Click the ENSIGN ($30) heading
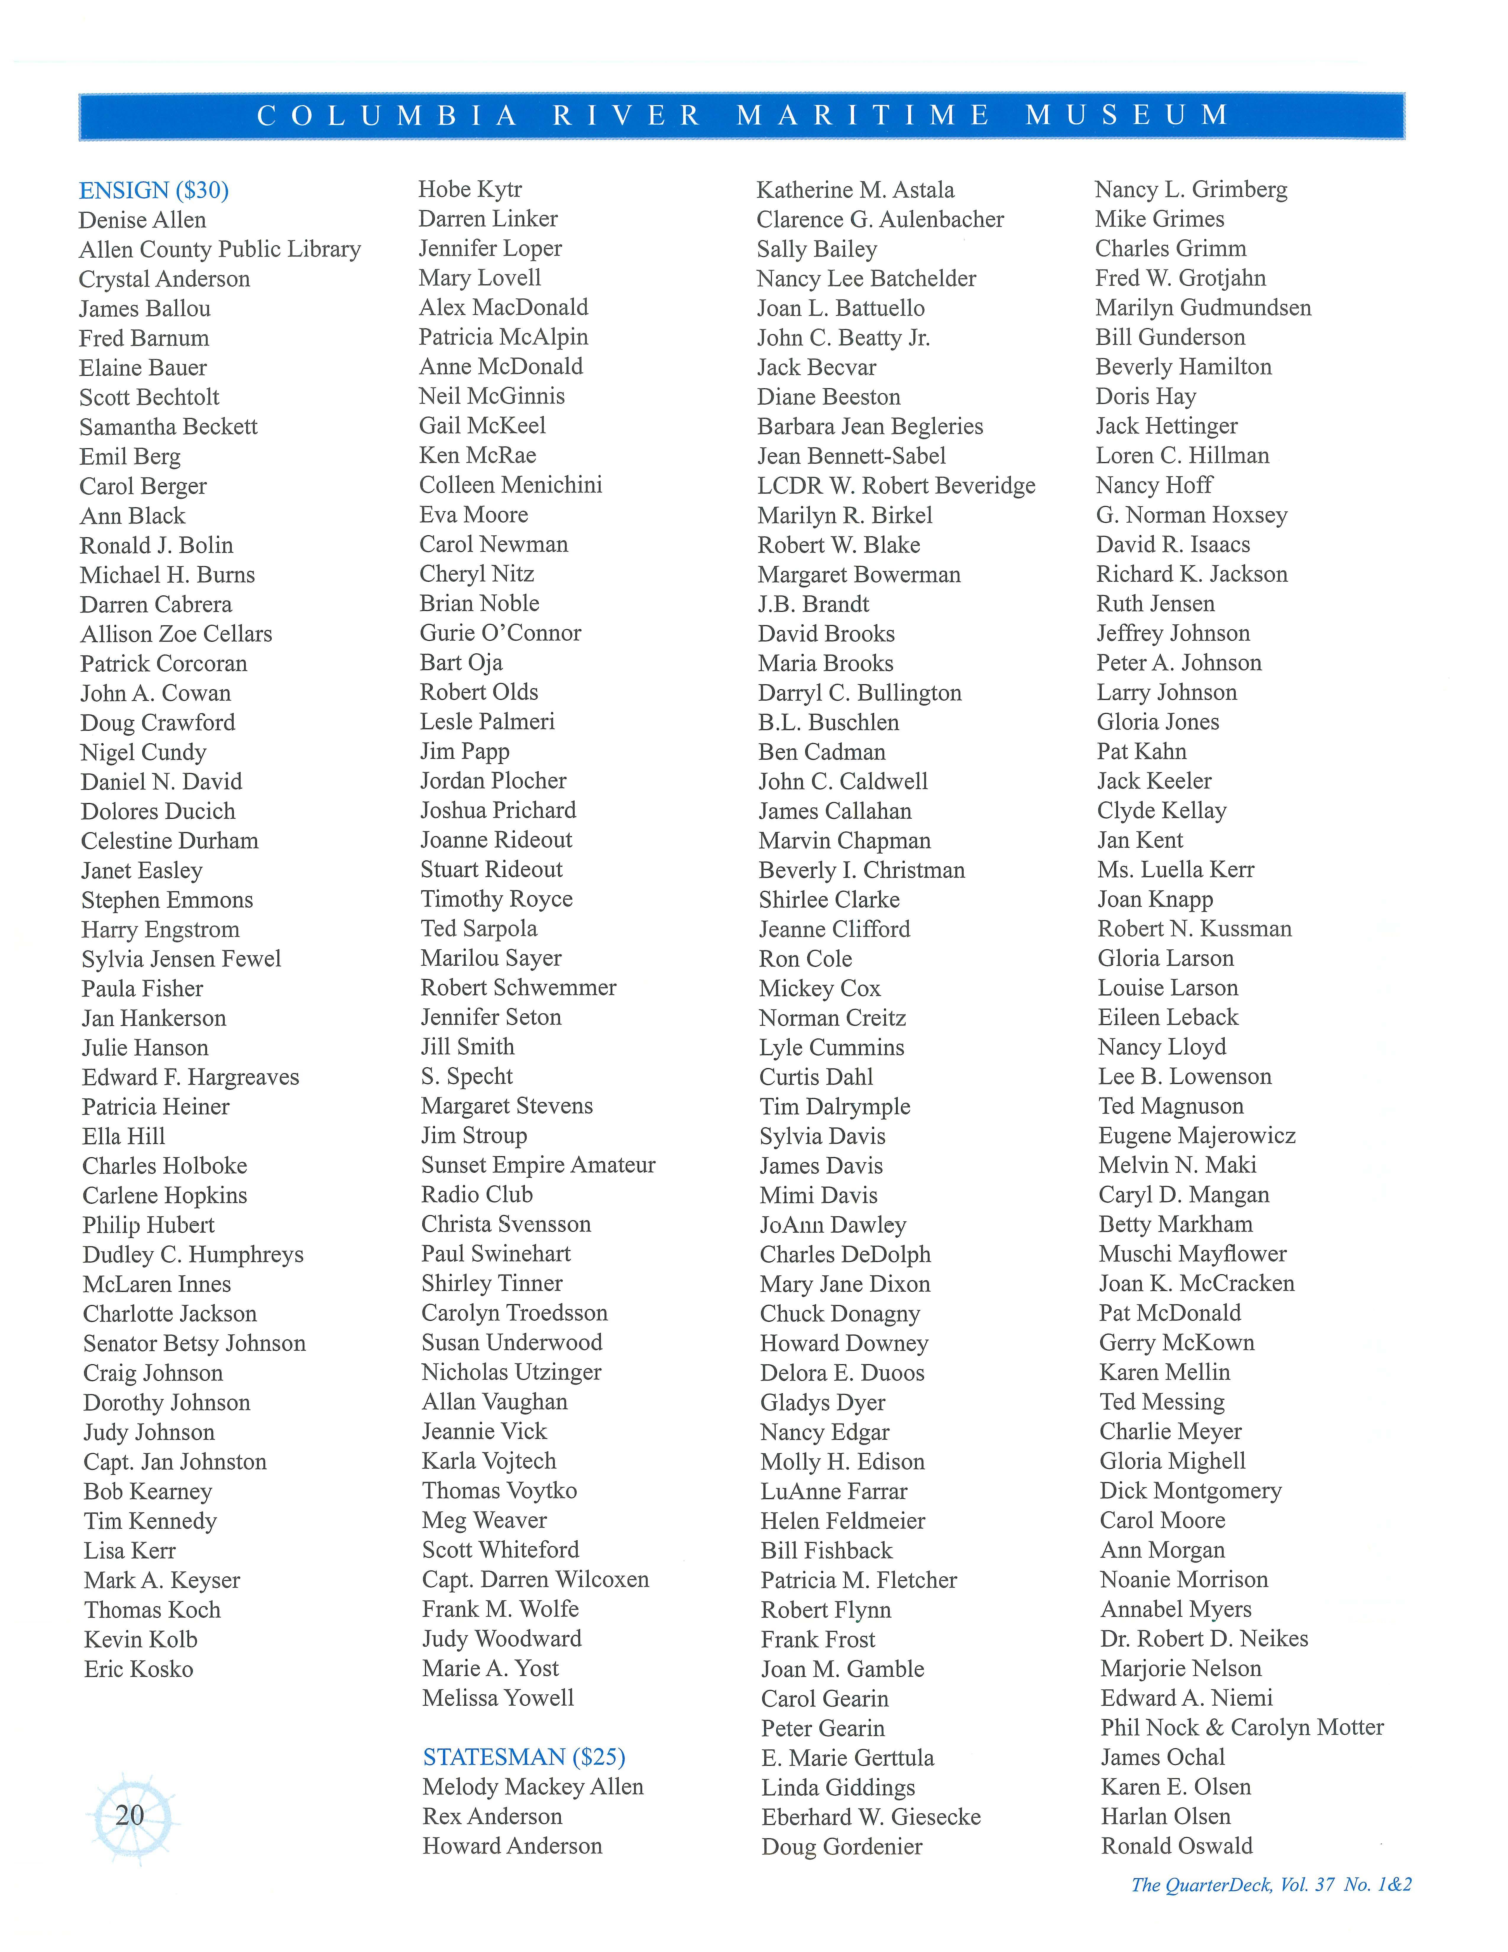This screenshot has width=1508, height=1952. (154, 190)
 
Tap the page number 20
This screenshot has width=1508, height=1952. (130, 1814)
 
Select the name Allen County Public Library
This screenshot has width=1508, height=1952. (220, 249)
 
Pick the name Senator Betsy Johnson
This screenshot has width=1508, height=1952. (194, 1343)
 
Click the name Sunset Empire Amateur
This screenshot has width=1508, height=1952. (538, 1165)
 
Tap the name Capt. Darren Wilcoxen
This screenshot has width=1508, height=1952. (535, 1579)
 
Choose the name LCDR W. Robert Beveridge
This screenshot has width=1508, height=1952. (896, 486)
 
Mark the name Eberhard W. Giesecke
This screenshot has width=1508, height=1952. (871, 1817)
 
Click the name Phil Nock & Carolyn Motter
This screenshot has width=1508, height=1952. (1242, 1728)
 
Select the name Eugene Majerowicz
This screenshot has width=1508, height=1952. (1196, 1136)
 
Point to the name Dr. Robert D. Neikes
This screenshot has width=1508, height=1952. (1203, 1638)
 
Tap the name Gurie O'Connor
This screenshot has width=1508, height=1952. (500, 633)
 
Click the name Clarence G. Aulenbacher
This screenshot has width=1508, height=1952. (880, 220)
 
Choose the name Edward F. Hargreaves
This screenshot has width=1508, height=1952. (190, 1077)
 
